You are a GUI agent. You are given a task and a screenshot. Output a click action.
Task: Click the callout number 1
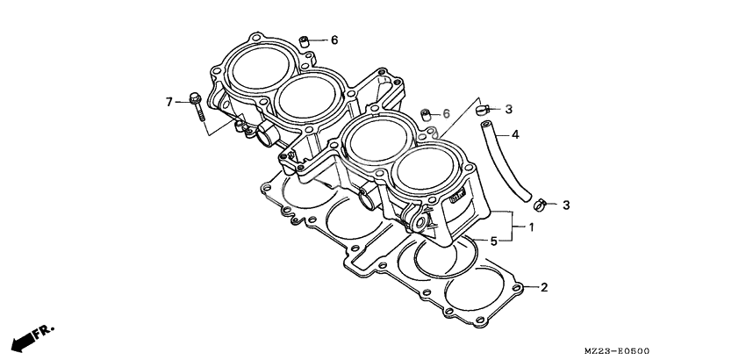tap(531, 227)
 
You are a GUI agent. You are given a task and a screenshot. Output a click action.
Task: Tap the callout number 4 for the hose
tap(515, 135)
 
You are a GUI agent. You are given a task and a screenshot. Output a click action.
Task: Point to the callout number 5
tap(494, 241)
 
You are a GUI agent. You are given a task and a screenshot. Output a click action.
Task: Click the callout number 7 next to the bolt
tap(170, 103)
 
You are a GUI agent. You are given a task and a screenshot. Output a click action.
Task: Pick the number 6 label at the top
tap(334, 40)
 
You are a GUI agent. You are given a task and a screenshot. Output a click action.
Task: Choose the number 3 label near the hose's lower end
tap(566, 205)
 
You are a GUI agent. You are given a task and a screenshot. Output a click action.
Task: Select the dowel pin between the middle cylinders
tap(426, 114)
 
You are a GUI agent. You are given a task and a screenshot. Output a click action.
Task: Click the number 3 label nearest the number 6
tap(508, 109)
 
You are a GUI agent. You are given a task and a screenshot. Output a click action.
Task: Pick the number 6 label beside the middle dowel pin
tap(446, 114)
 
